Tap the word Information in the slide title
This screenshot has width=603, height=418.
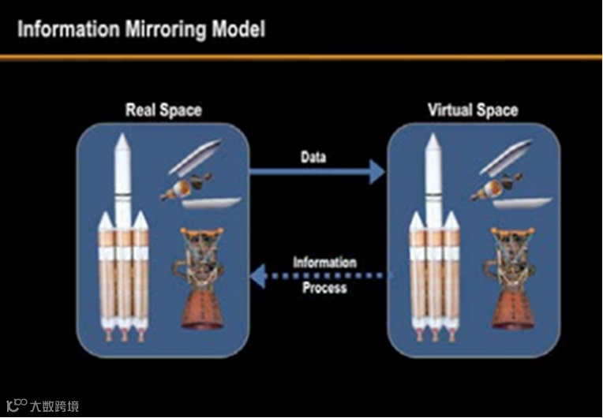click(x=66, y=30)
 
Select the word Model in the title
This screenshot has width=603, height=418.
click(x=238, y=30)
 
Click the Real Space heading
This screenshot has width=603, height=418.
click(x=163, y=110)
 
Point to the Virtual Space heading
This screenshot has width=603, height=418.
click(x=473, y=110)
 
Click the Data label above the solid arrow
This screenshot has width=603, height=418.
click(x=313, y=156)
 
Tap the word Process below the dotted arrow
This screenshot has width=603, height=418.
click(x=324, y=288)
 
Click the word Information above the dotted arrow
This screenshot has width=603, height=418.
click(x=324, y=262)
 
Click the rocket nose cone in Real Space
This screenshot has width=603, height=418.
click(x=122, y=145)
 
